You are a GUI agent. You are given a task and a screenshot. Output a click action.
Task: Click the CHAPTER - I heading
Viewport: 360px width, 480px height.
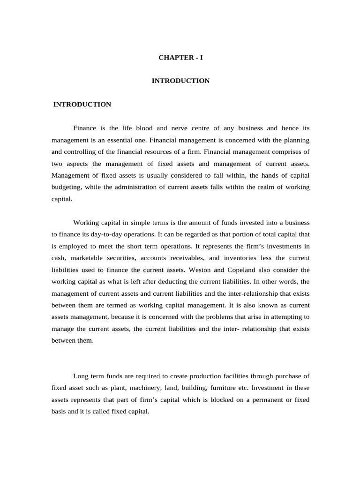pos(180,58)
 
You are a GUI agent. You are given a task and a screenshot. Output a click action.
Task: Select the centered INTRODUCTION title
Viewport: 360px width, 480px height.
pos(180,81)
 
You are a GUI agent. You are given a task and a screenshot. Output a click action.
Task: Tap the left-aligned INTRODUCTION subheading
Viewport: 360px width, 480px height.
pos(82,105)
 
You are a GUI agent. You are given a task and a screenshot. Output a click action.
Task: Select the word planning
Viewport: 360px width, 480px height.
pos(297,140)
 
